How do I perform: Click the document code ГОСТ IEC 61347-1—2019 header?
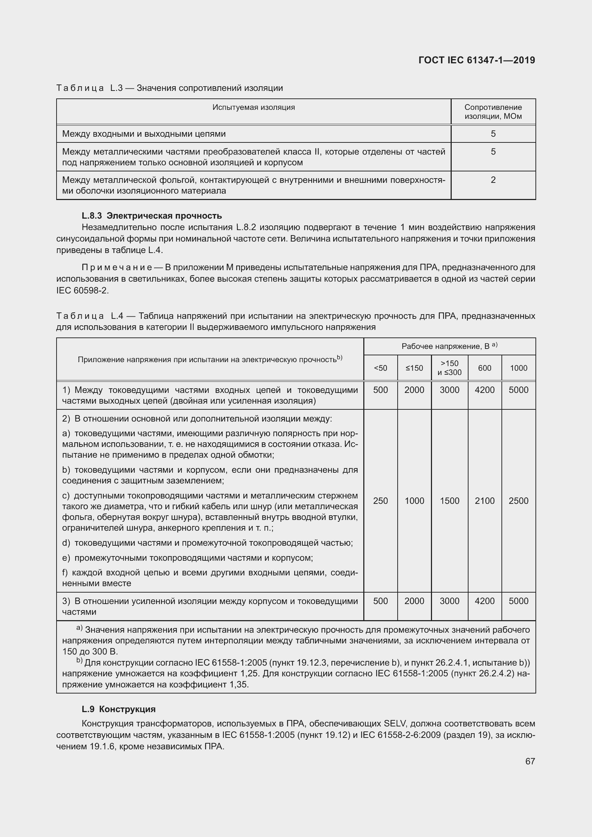[x=476, y=60]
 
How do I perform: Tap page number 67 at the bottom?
[x=530, y=761]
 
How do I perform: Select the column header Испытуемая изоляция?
[x=253, y=107]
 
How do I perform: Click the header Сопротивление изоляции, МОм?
[x=493, y=112]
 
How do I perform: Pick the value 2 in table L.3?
[x=493, y=180]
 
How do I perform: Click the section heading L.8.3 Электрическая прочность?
[x=152, y=215]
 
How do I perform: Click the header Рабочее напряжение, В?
[x=449, y=346]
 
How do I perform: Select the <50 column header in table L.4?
[x=380, y=368]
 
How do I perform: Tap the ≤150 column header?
[x=414, y=368]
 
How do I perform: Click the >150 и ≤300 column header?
[x=449, y=368]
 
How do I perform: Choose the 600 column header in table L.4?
[x=485, y=368]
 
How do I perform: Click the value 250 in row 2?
[x=380, y=501]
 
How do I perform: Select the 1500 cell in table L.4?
[x=449, y=501]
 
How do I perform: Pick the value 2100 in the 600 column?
[x=485, y=501]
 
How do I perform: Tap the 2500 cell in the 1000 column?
[x=518, y=501]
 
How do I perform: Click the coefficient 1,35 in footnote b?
[x=238, y=684]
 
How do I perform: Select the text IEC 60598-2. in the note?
[x=82, y=291]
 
